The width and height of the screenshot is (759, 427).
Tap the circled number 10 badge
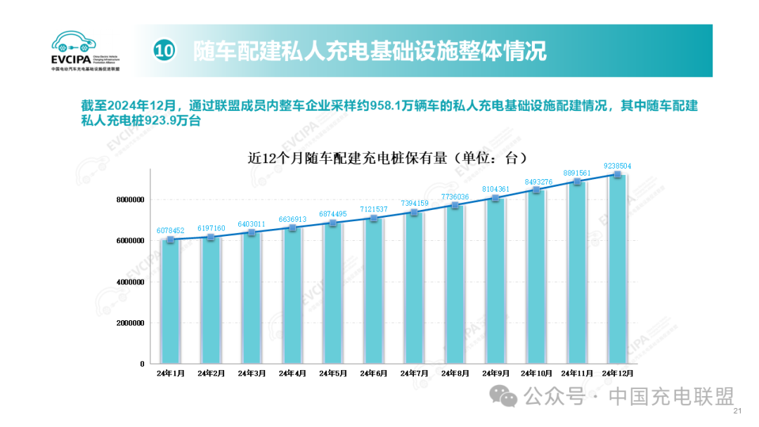click(x=163, y=51)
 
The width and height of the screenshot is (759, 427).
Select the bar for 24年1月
click(x=170, y=302)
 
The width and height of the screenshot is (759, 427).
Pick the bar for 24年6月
click(x=373, y=291)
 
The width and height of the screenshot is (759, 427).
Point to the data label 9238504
click(x=618, y=166)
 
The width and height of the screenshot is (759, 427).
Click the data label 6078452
click(x=170, y=230)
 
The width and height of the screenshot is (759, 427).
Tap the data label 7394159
click(x=414, y=203)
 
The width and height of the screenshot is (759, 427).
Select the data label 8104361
click(x=496, y=189)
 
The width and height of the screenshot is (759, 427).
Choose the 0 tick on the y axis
click(x=142, y=364)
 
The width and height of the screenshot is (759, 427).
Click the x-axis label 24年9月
click(x=495, y=374)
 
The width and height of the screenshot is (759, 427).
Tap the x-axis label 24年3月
click(x=251, y=374)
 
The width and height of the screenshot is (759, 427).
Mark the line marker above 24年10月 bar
click(x=536, y=190)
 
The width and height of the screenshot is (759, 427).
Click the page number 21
click(x=737, y=412)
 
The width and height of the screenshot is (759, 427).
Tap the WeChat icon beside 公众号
click(x=510, y=398)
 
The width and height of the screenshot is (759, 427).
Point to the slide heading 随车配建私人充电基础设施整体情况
click(x=370, y=51)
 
